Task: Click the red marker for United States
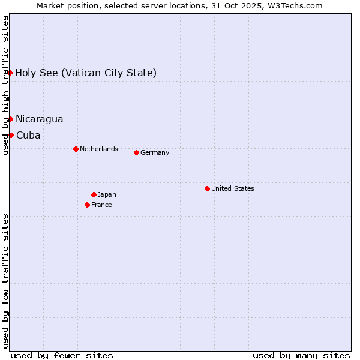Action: pos(207,188)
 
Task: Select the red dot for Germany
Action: pos(136,152)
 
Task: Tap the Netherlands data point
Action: pos(76,149)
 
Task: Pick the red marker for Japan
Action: pos(94,194)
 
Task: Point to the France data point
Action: pos(87,205)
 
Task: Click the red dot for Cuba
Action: pos(11,135)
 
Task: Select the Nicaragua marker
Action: pos(10,119)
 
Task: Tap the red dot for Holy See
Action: pos(10,73)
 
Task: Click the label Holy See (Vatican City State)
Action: pos(86,73)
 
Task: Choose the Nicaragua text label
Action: pos(39,119)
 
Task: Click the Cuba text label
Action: pos(28,136)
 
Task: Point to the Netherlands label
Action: pos(99,149)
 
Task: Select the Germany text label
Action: pos(155,152)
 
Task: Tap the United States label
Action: pos(233,188)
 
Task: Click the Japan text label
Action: pos(107,194)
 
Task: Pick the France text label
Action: pos(101,205)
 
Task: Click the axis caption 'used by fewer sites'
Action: pos(62,355)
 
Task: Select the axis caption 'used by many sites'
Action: pos(301,355)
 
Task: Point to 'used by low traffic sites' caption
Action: pos(5,281)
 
